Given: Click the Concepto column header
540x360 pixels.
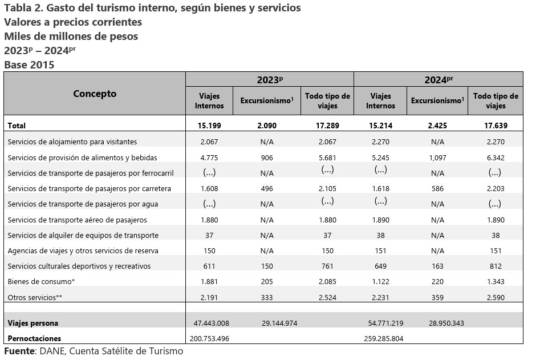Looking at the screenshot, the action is click(95, 94).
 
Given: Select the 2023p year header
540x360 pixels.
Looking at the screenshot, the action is click(270, 79).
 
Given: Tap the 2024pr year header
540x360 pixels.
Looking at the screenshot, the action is click(439, 79).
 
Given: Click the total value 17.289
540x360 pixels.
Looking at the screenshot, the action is click(327, 126).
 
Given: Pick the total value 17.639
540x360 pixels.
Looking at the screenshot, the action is click(496, 126).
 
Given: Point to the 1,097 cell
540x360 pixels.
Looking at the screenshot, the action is click(437, 158).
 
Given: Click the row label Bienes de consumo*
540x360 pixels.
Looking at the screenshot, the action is click(41, 281).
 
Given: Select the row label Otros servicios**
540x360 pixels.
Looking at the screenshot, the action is click(35, 297).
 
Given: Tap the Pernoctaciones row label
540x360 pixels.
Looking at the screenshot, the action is click(34, 338).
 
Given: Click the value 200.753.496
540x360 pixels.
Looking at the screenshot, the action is click(209, 339).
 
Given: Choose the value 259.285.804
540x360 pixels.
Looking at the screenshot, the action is click(384, 339).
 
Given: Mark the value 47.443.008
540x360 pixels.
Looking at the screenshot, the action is click(211, 323).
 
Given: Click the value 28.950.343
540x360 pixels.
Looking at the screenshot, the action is click(446, 323).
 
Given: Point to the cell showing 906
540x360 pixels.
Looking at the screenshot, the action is click(267, 158).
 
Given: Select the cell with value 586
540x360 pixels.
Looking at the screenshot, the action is click(437, 188).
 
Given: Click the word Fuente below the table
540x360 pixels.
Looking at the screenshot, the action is click(19, 351).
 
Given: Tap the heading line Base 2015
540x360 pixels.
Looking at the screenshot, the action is click(29, 65).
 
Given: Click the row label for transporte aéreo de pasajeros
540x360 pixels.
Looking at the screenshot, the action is click(77, 220).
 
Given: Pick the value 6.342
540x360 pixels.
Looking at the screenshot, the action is click(496, 158).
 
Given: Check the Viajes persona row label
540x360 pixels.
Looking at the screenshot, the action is click(33, 323).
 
